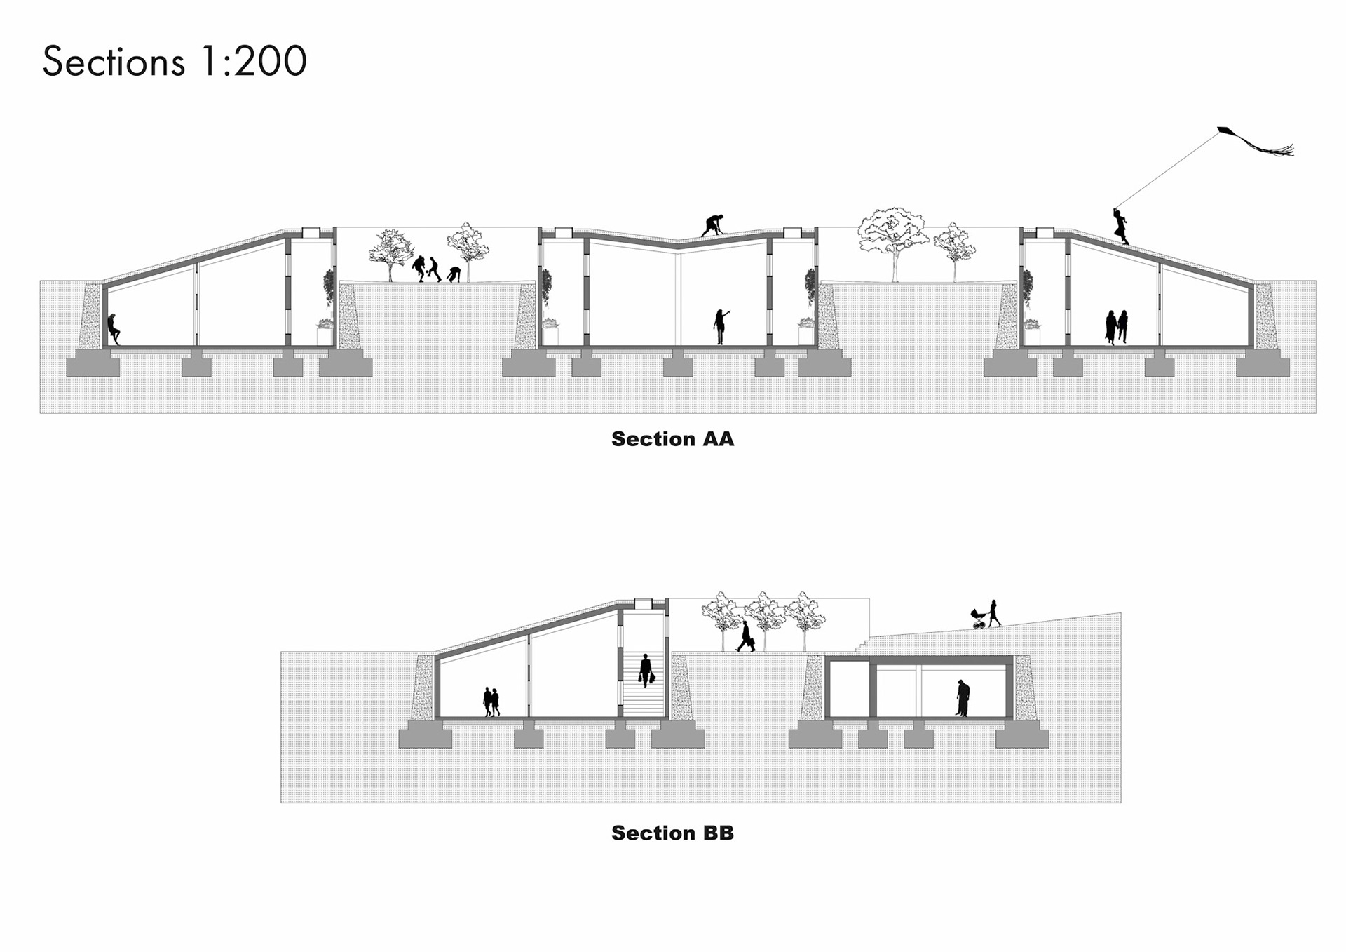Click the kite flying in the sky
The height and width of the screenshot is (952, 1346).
pyautogui.click(x=1255, y=140)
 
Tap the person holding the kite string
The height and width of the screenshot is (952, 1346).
pyautogui.click(x=1121, y=227)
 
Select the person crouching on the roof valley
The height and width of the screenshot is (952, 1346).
pyautogui.click(x=712, y=225)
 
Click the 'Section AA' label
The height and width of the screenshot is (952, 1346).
pyautogui.click(x=672, y=439)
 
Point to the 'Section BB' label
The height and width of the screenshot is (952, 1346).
pyautogui.click(x=672, y=833)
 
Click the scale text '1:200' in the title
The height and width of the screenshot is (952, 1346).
pyautogui.click(x=253, y=62)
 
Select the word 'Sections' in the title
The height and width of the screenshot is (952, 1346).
pyautogui.click(x=114, y=62)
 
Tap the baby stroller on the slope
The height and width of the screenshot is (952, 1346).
pyautogui.click(x=979, y=619)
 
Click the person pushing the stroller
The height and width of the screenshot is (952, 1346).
pyautogui.click(x=993, y=613)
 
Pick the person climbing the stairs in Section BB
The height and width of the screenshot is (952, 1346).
pyautogui.click(x=646, y=670)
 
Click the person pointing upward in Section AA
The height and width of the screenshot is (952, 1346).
pyautogui.click(x=720, y=326)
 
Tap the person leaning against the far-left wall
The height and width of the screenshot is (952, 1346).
pyautogui.click(x=113, y=328)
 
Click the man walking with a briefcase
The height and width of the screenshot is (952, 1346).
pyautogui.click(x=745, y=637)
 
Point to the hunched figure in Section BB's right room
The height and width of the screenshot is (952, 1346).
pyautogui.click(x=963, y=699)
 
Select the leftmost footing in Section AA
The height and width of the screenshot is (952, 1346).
pyautogui.click(x=93, y=366)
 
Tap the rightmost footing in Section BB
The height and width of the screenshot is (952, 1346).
pyautogui.click(x=1021, y=737)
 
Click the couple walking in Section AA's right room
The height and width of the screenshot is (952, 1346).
pyautogui.click(x=1117, y=327)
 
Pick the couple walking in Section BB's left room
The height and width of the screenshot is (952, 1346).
pyautogui.click(x=491, y=702)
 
